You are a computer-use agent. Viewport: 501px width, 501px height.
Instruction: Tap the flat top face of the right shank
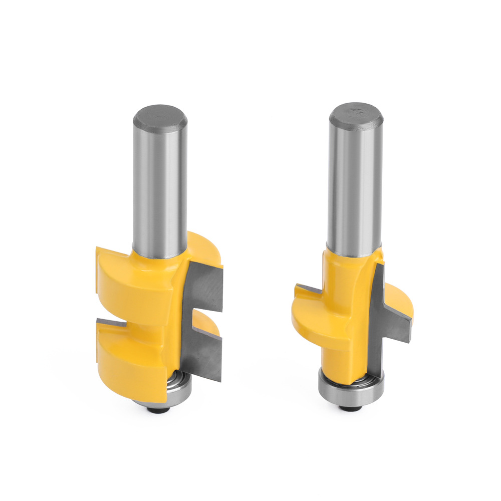(x=356, y=115)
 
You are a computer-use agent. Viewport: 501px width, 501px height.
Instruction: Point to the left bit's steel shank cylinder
(x=159, y=190)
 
